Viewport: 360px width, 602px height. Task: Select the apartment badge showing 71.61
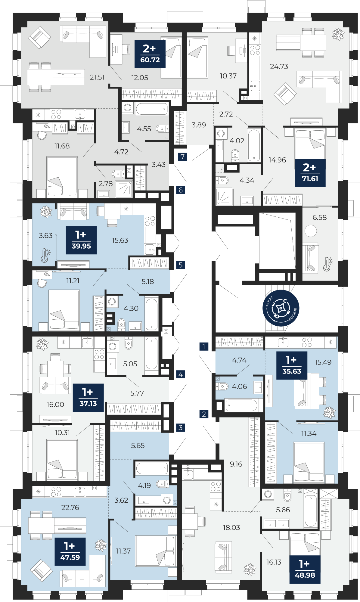pos(310,173)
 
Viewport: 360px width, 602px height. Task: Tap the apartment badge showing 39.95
pos(81,240)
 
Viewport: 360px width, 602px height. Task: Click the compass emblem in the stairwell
pos(281,308)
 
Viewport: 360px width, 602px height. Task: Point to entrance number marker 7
pos(182,157)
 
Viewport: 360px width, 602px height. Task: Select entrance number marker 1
pos(204,346)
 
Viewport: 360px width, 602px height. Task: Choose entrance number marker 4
pos(181,374)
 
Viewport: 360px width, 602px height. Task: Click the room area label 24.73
pos(279,67)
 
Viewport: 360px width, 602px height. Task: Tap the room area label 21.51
pos(97,77)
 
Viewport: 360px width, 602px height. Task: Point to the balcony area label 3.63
pos(45,235)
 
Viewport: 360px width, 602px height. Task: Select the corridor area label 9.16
pos(236,464)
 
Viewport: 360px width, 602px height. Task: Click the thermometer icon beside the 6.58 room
pos(327,264)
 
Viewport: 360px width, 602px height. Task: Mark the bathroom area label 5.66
pos(283,510)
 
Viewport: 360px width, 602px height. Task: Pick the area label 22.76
pos(70,507)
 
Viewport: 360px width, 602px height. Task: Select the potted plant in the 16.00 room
pos(42,344)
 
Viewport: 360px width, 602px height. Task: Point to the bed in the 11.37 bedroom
pos(155,551)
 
